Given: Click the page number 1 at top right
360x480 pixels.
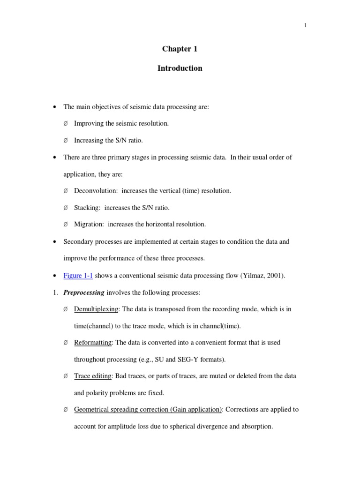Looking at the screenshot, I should tap(305, 25).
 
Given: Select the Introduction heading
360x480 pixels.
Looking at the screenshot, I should tap(180, 68).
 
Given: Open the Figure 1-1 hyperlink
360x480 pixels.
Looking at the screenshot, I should tap(78, 276).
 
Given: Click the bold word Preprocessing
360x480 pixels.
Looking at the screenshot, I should tap(84, 292).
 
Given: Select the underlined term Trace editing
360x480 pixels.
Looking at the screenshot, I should tap(93, 376).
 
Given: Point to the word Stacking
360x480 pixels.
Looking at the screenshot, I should tap(87, 207).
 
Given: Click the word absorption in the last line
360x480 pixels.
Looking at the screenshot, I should tap(257, 427).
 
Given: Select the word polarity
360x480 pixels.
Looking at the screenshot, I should tap(97, 393).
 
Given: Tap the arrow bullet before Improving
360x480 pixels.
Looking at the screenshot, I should tap(65, 123).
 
